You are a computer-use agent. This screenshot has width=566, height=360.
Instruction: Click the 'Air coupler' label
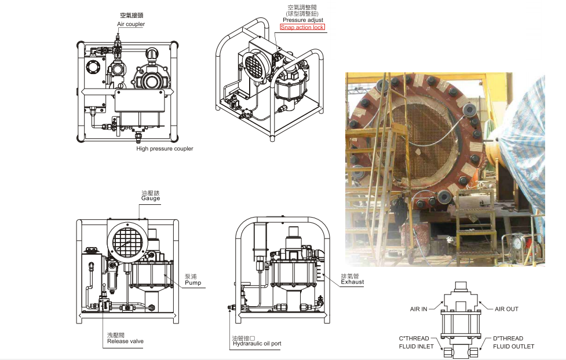click(131, 24)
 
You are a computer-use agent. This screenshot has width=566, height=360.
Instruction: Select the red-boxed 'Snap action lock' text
click(302, 27)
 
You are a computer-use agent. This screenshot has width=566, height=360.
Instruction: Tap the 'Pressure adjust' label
click(303, 20)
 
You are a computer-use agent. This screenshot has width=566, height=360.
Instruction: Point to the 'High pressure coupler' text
click(165, 149)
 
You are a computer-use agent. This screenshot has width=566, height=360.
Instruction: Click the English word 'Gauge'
click(151, 199)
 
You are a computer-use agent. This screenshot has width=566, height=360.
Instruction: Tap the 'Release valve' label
click(125, 341)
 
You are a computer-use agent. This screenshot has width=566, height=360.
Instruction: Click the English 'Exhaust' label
click(352, 282)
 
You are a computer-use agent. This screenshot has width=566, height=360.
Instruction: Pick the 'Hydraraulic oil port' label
click(257, 344)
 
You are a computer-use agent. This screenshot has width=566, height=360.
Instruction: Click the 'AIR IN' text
click(418, 309)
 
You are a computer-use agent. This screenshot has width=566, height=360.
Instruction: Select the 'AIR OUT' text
click(506, 309)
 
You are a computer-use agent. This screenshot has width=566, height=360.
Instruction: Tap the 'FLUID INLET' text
click(416, 347)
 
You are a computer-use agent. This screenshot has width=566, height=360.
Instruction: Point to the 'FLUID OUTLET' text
click(513, 347)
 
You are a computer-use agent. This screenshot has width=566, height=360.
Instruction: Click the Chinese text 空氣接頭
click(131, 16)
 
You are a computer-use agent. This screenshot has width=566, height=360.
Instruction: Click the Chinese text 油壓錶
click(150, 192)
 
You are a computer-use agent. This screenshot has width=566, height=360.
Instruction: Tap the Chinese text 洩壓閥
click(116, 335)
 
